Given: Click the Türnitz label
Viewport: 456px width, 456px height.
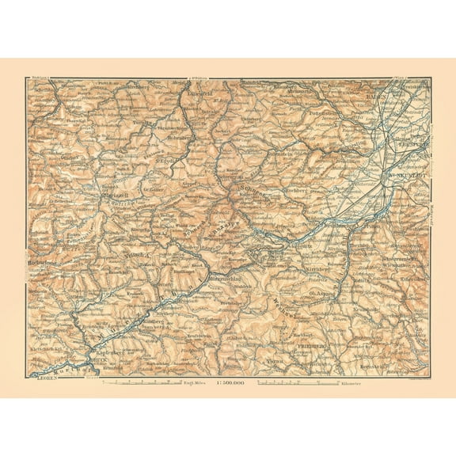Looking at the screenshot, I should [142, 122].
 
